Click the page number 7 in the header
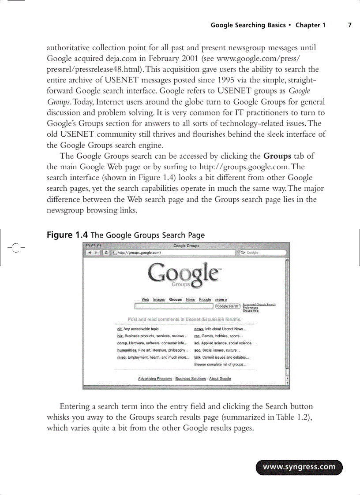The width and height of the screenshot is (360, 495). click(349, 25)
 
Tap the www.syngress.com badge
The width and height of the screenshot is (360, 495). click(299, 467)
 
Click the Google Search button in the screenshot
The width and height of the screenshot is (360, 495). click(228, 306)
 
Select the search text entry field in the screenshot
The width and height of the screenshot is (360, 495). click(174, 306)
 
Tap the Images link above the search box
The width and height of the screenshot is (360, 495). click(159, 300)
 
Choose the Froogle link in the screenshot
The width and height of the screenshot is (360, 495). click(205, 300)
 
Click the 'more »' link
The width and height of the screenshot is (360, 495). click(221, 300)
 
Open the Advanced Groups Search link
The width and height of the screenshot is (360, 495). click(259, 304)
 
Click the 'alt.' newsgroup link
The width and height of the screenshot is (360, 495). click(120, 329)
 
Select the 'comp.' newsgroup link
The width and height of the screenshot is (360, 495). click(122, 343)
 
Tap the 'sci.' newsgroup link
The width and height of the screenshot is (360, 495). click(198, 343)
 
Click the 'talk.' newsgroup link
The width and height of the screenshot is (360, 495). click(198, 357)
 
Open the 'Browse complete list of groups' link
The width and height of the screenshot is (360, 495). click(220, 365)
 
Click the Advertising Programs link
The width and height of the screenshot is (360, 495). click(155, 379)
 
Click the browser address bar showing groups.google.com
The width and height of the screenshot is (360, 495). click(174, 253)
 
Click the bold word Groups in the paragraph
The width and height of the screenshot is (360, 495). click(277, 156)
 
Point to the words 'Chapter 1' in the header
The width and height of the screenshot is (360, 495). click(311, 25)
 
